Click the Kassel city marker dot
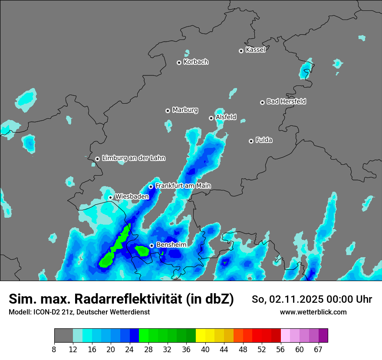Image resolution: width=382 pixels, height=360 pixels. (241, 51)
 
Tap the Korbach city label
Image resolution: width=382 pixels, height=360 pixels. (196, 62)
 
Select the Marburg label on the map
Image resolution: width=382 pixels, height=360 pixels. (185, 110)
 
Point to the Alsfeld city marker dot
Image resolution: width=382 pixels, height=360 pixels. (211, 118)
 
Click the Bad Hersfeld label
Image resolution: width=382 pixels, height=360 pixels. (286, 101)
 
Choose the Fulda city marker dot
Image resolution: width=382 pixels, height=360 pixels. (251, 141)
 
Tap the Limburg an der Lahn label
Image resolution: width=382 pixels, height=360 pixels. (133, 158)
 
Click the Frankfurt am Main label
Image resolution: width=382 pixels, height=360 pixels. (183, 186)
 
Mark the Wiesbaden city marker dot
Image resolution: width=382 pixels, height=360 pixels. (110, 197)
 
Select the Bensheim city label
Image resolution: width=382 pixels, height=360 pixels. (171, 245)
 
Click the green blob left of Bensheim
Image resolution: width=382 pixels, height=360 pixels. (142, 250)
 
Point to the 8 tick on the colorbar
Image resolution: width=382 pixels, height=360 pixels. (54, 350)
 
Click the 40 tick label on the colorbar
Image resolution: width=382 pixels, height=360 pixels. (205, 350)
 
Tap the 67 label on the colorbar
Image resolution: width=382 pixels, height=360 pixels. (318, 350)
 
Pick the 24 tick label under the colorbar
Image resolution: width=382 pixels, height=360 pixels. (129, 350)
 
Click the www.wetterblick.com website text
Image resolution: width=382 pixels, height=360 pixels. (313, 312)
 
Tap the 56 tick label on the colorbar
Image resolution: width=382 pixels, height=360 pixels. (280, 350)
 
